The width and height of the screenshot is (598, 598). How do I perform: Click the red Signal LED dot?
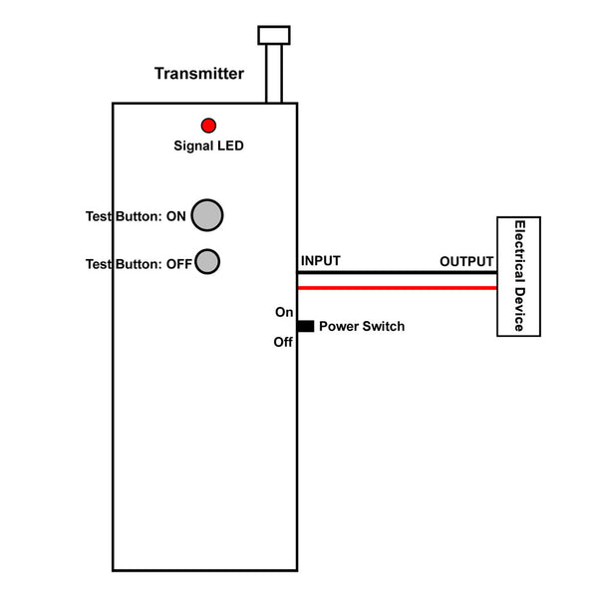pos(208,126)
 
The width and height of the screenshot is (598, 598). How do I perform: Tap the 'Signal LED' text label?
pos(208,146)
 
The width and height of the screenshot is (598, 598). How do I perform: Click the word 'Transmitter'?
pos(199,74)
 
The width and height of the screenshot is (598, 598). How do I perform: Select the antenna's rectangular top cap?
pos(274,35)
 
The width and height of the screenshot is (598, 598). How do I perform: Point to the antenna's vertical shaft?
pos(274,74)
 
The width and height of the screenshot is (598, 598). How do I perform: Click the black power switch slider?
pos(306,326)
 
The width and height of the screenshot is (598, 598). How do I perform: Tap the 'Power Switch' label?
pos(362,327)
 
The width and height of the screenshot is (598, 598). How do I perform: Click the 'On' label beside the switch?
pos(284,312)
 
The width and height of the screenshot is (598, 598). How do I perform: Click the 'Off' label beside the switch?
pos(283,342)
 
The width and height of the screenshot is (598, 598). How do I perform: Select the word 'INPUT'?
pos(321,261)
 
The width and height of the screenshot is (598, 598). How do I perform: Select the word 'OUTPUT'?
pos(466,261)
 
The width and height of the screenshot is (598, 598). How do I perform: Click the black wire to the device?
pos(397,273)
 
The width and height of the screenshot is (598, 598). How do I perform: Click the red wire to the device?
pos(397,288)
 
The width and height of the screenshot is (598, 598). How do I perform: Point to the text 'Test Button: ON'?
pos(136,216)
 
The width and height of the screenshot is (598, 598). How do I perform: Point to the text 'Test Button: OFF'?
pos(139,264)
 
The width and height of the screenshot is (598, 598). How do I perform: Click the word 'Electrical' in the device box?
pos(520,251)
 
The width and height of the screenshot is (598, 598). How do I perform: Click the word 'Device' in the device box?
pos(520,309)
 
